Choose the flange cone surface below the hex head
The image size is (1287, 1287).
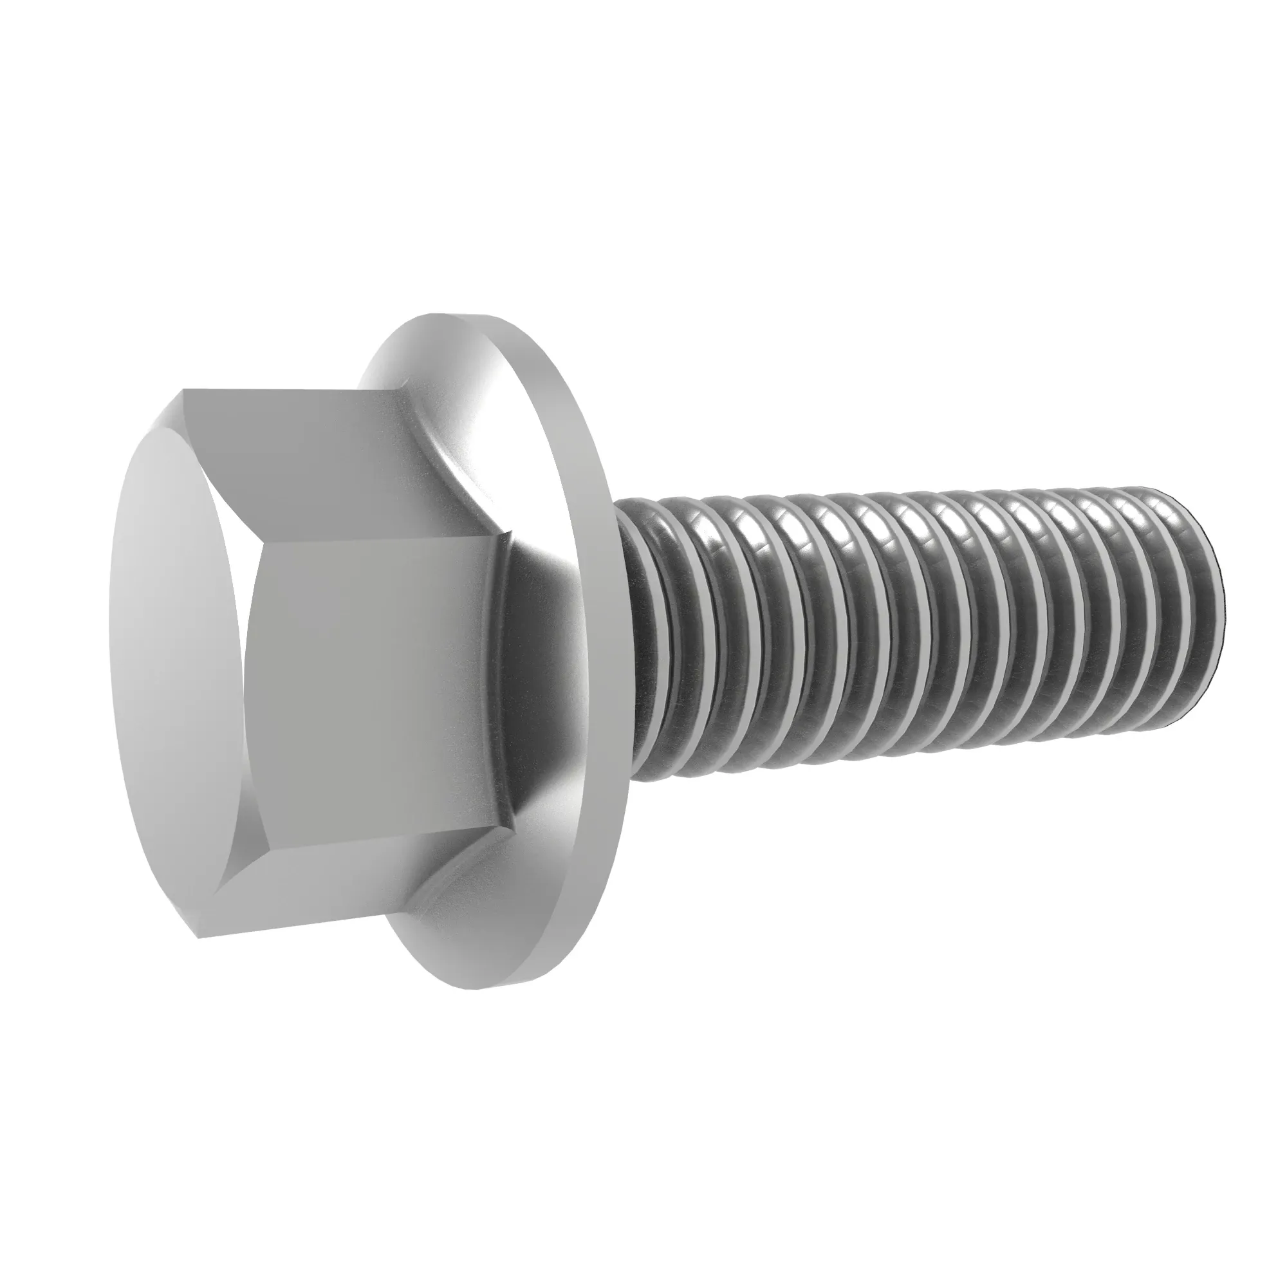pyautogui.click(x=479, y=932)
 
